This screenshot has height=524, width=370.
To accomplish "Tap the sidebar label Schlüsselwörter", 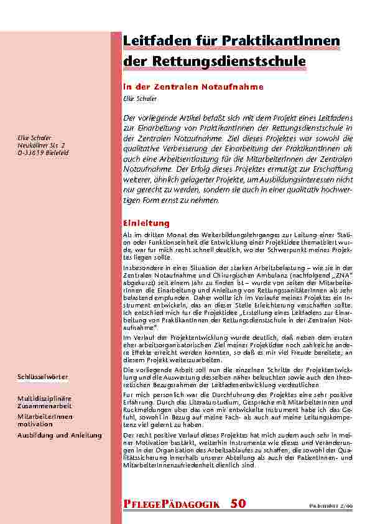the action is [43, 378].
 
